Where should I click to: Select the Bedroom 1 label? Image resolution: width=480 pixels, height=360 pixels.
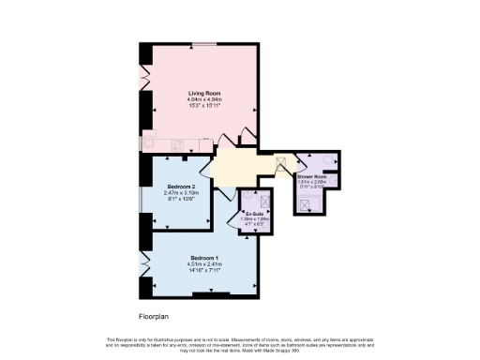pyautogui.click(x=203, y=258)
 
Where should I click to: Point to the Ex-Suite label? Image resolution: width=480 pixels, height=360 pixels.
pyautogui.click(x=251, y=215)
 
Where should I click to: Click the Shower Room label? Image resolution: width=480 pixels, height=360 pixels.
pyautogui.click(x=311, y=176)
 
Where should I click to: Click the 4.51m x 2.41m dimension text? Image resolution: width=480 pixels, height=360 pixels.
pyautogui.click(x=203, y=264)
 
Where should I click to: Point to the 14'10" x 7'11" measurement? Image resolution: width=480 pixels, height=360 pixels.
pyautogui.click(x=203, y=270)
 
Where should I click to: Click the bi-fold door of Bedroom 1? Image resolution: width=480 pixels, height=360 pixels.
pyautogui.click(x=144, y=263)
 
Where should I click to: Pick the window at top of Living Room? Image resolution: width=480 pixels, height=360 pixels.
pyautogui.click(x=202, y=44)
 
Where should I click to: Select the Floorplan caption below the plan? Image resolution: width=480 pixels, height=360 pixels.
pyautogui.click(x=141, y=316)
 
